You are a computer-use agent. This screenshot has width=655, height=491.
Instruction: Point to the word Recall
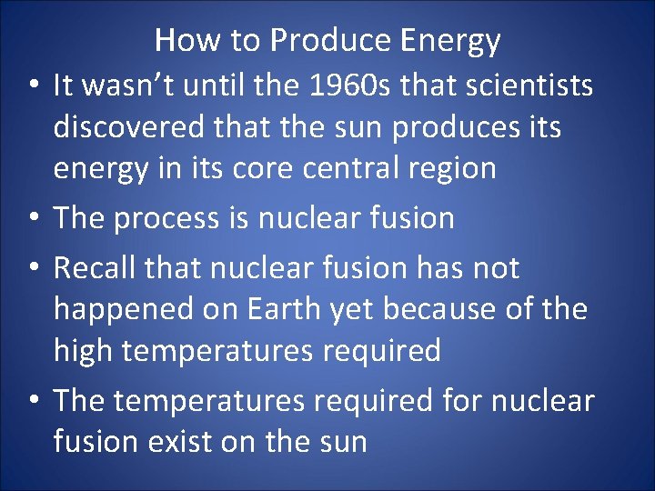click(95, 268)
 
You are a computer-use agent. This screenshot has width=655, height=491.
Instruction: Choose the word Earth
click(274, 309)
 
